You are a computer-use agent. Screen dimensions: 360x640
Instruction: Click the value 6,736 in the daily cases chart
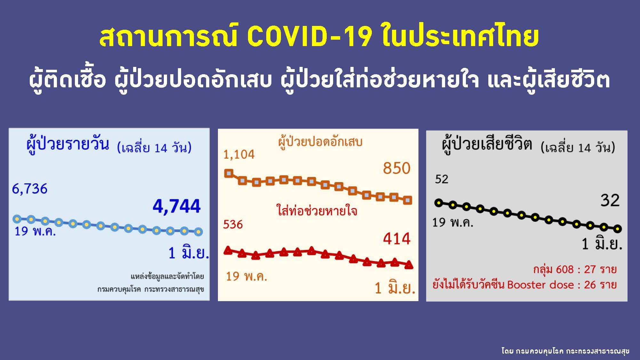29,189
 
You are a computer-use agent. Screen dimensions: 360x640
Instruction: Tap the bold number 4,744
177,206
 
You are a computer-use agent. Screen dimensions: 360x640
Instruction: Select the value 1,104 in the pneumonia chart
239,155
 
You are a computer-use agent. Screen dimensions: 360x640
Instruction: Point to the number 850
396,168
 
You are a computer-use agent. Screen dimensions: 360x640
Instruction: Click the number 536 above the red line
233,224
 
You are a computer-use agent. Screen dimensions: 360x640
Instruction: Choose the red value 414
396,239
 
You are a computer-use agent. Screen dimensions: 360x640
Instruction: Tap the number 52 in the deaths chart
442,179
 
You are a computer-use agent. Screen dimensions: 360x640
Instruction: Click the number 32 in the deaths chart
610,201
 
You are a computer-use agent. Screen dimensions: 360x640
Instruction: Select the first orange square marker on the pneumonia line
229,173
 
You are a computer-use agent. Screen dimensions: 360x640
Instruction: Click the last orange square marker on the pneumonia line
408,200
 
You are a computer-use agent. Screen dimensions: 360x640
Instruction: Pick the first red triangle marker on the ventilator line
228,251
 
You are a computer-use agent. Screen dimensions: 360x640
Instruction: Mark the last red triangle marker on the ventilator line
409,265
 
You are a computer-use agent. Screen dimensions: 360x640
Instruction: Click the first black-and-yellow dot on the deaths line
439,203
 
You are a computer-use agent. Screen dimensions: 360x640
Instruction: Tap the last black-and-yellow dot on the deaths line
618,229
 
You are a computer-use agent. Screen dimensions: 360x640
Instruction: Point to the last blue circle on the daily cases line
198,231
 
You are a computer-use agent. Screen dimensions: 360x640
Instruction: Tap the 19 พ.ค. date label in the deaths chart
452,222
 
